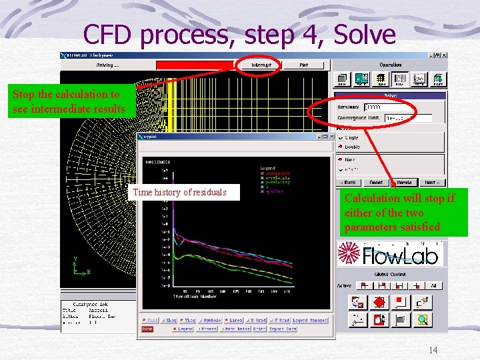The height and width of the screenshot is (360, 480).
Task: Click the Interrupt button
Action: point(261,65)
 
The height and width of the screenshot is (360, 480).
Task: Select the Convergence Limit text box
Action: point(408,118)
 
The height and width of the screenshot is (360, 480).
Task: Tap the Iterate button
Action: point(405,182)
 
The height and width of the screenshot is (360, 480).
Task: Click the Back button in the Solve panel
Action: point(349,182)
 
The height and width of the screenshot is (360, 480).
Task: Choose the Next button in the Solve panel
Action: point(431,182)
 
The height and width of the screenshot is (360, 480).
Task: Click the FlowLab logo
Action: point(389,254)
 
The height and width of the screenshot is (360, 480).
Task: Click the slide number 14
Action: point(432,351)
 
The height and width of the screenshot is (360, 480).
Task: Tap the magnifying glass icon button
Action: point(422,320)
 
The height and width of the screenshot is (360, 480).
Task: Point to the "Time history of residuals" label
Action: point(180,192)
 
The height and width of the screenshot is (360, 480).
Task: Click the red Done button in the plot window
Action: point(147,329)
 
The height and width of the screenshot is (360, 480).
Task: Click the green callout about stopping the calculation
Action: point(71,102)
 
